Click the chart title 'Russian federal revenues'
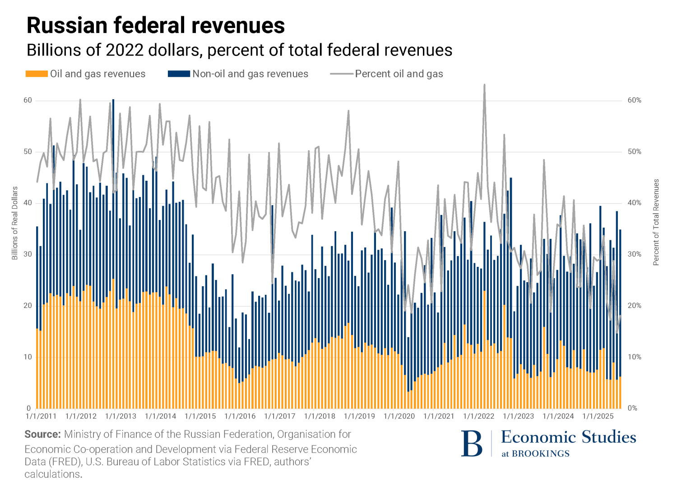click(156, 25)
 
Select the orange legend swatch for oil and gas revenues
click(37, 74)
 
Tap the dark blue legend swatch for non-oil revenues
click(179, 74)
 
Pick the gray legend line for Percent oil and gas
click(341, 74)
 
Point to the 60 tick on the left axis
click(28, 100)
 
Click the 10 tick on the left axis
click(28, 357)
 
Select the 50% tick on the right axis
click(634, 151)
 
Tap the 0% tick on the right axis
click(632, 408)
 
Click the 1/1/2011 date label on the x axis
click(41, 416)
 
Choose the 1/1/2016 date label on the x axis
click(240, 416)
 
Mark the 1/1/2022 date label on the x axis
click(479, 416)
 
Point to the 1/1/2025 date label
click(598, 416)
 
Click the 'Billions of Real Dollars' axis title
click(15, 223)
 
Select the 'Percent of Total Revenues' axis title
click(656, 222)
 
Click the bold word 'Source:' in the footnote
click(42, 435)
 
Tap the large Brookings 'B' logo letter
click(472, 444)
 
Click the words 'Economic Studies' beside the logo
click(568, 437)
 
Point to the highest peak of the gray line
click(484, 85)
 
